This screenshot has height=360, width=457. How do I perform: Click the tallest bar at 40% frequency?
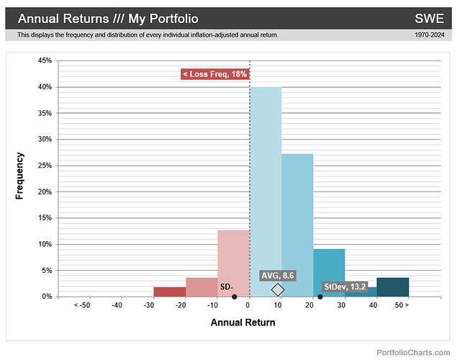pos(265,192)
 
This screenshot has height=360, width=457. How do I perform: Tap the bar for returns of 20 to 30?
pos(329,272)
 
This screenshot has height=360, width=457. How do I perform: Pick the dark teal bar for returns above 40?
pos(392,287)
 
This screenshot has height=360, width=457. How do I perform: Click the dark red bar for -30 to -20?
pos(169,292)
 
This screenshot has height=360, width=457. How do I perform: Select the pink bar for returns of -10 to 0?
pos(233,263)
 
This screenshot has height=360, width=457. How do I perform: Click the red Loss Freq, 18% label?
pos(214,74)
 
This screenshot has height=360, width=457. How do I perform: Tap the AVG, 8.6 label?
pos(278,275)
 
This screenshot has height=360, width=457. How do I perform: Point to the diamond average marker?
pos(278,289)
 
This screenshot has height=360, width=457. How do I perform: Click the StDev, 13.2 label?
pos(345,287)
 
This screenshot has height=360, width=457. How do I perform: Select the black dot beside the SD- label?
pos(235,297)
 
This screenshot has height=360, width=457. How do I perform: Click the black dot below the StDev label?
pos(320,297)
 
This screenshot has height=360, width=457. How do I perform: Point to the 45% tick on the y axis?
pos(45,61)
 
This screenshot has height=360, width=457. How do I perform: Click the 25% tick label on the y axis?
pos(45,166)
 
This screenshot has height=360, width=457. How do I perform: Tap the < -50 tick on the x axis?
pos(81,306)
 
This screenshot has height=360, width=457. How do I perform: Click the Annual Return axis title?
pos(243,323)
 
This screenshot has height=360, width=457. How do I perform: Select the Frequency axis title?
pos(19,176)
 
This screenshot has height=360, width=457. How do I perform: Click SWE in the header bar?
pos(429,18)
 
